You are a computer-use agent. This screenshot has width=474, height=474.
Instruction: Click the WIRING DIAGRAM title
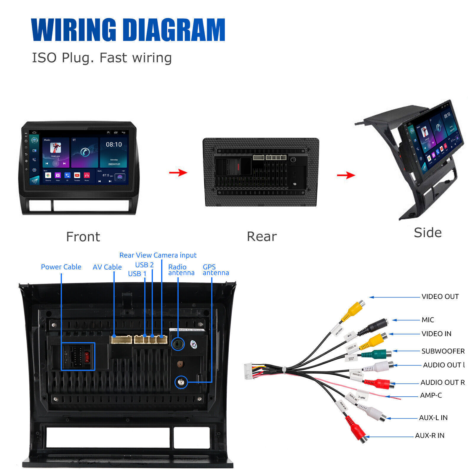128,30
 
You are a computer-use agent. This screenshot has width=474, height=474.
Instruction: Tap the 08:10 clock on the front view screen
114,145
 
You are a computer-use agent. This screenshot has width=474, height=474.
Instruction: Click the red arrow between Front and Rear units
178,172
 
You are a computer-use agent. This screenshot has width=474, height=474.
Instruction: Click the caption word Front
83,237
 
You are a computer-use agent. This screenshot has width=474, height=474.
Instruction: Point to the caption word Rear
262,236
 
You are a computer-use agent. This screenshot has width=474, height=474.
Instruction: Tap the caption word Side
427,233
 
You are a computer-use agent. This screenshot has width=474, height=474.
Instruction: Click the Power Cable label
61,267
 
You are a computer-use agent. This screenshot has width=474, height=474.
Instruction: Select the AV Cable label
107,267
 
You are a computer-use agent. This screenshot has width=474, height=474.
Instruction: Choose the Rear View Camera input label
158,255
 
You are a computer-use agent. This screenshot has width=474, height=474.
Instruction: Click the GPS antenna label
215,270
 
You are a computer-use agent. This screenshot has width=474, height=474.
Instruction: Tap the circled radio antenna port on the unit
178,344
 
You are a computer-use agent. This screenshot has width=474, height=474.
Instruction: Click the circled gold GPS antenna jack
181,382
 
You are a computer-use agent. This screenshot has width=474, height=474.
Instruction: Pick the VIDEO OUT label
440,297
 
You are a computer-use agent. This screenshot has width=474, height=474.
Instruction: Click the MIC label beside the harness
427,320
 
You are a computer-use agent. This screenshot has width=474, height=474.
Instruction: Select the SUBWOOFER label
443,351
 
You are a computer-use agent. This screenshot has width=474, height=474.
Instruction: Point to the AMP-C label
431,395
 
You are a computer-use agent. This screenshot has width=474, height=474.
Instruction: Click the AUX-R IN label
430,435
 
